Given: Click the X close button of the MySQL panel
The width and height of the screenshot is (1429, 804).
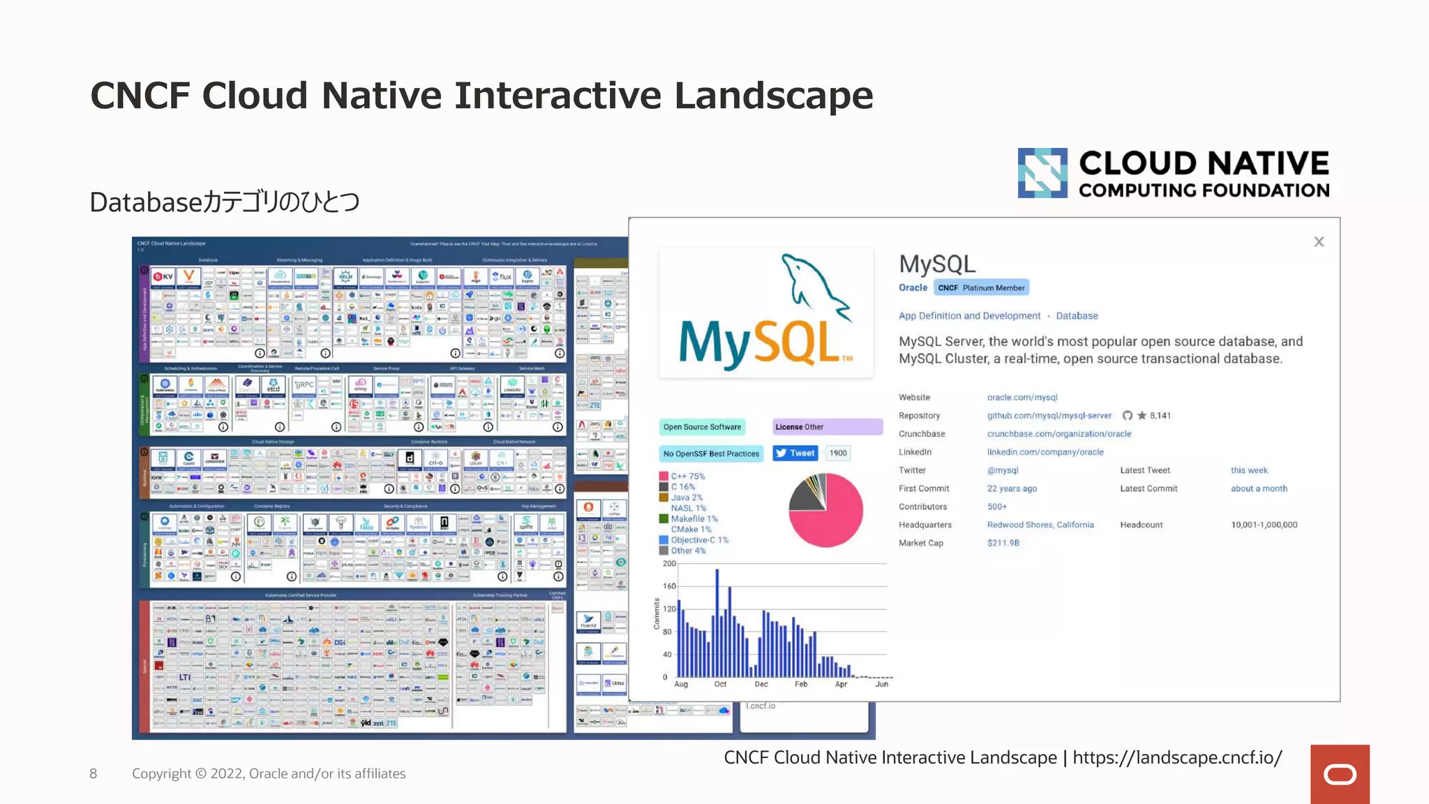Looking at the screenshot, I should (1318, 242).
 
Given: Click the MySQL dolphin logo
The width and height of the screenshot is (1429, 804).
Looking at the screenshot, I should (766, 312).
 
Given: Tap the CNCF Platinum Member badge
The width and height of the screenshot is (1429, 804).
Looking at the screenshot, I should (981, 288).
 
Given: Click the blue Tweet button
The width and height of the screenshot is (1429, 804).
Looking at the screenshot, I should (795, 454).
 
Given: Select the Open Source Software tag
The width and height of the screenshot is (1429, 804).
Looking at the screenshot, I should (702, 427).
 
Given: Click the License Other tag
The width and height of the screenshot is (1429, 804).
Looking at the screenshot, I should (827, 427).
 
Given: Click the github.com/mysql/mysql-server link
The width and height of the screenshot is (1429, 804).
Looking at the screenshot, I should (1049, 416).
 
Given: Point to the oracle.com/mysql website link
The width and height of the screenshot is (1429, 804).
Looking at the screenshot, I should (1022, 398).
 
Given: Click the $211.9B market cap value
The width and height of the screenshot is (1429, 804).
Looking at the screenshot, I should (1003, 543).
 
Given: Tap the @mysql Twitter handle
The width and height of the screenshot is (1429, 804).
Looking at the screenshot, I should (1003, 470).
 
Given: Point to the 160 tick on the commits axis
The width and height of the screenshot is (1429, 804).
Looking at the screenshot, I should (669, 586).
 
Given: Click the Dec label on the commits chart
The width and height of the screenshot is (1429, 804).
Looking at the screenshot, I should (761, 685).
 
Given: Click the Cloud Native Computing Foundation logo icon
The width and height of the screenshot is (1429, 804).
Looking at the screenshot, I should (1042, 173).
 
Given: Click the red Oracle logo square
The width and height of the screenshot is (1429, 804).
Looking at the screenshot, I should (1339, 774).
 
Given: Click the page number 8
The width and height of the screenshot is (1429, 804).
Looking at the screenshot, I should (93, 773).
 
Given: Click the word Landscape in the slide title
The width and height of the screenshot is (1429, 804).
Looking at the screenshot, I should (773, 96).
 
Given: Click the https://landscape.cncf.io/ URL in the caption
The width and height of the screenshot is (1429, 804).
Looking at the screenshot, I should (1177, 758).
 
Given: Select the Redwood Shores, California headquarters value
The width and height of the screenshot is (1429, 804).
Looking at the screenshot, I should (1040, 525).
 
